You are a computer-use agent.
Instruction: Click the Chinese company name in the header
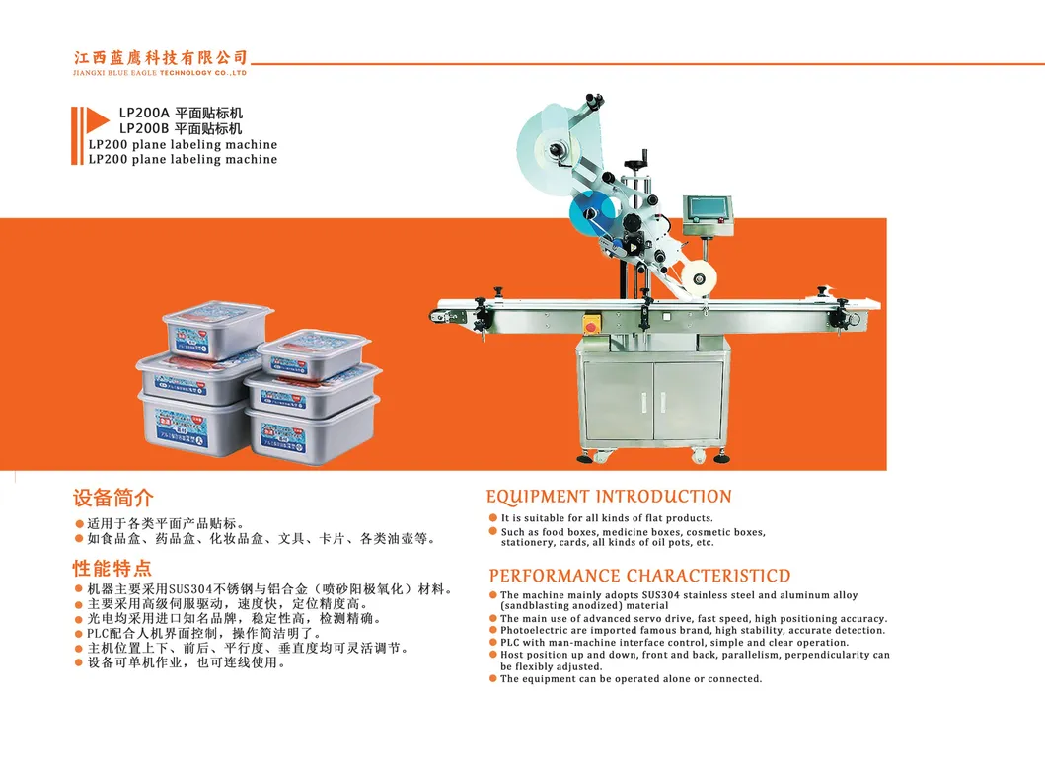coord(161,57)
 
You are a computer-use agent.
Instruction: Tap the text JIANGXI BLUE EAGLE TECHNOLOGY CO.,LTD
coord(161,73)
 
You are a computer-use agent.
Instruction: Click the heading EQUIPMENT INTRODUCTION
coord(609,497)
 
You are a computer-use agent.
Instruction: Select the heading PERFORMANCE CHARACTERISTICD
coord(640,576)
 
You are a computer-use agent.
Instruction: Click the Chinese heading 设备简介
coord(113,498)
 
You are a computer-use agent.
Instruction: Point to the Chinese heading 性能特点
coord(113,568)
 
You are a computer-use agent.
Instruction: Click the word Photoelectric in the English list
coord(532,631)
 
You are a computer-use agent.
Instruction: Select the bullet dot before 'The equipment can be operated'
coord(493,679)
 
